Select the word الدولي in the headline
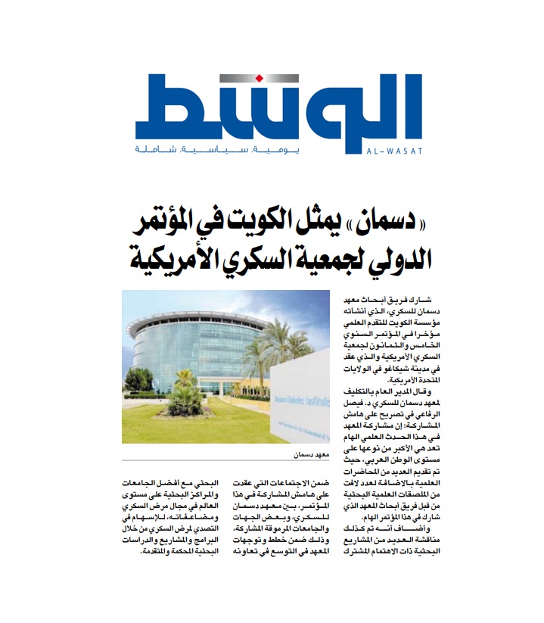click(396, 263)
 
